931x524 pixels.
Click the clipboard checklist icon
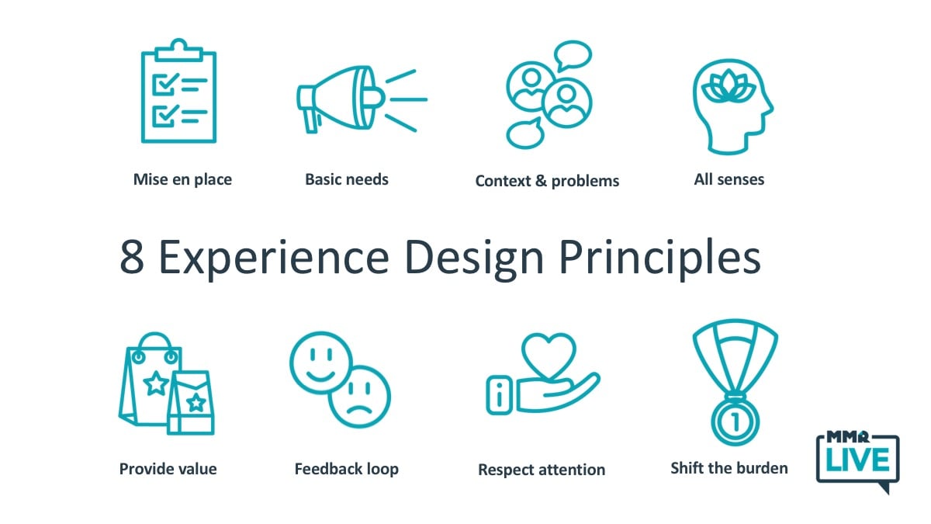pyautogui.click(x=178, y=91)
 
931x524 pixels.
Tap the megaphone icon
pyautogui.click(x=361, y=100)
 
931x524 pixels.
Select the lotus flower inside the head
pyautogui.click(x=729, y=86)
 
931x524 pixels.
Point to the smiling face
pyautogui.click(x=321, y=363)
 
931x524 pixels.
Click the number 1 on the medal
pyautogui.click(x=735, y=422)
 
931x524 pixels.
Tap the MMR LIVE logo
pyautogui.click(x=858, y=461)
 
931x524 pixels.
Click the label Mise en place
pyautogui.click(x=182, y=179)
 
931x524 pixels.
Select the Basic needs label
pyautogui.click(x=347, y=179)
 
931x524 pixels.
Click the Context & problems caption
pyautogui.click(x=547, y=181)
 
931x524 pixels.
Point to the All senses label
pyautogui.click(x=729, y=179)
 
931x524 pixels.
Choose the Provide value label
pyautogui.click(x=168, y=469)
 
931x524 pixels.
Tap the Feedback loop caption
pyautogui.click(x=347, y=469)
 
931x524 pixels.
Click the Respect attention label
pyautogui.click(x=542, y=470)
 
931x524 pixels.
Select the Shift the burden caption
pyautogui.click(x=729, y=468)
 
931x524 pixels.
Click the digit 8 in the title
pyautogui.click(x=132, y=257)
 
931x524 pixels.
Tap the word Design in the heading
pyautogui.click(x=474, y=259)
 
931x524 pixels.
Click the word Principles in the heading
pyautogui.click(x=660, y=258)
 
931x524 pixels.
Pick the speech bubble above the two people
pyautogui.click(x=573, y=55)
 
